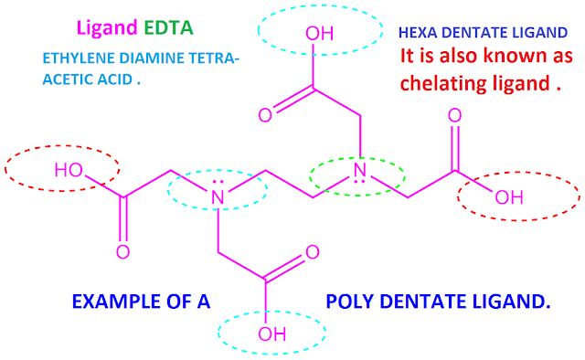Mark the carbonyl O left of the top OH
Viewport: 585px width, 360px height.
coord(264,116)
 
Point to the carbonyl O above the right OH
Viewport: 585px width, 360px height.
coord(454,115)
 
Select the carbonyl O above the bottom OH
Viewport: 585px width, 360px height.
coord(312,252)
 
